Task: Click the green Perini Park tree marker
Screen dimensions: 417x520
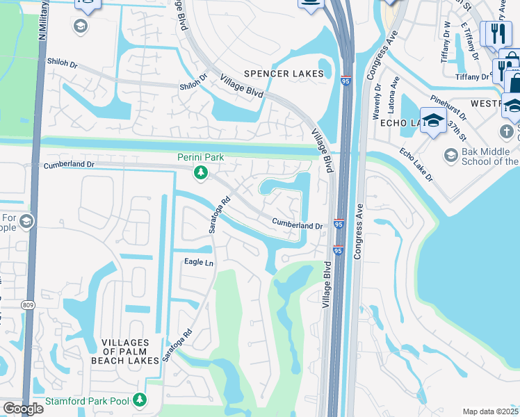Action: [x=201, y=172]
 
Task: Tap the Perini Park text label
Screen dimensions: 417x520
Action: [x=200, y=157]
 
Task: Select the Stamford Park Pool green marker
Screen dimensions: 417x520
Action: [x=140, y=400]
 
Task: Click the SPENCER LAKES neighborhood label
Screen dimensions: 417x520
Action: [x=284, y=74]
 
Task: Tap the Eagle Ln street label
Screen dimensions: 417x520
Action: [x=198, y=262]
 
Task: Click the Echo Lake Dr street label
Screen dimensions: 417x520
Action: [x=416, y=164]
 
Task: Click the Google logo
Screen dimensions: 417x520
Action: [x=23, y=409]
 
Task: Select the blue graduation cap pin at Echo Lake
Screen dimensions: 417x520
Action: [x=433, y=120]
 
